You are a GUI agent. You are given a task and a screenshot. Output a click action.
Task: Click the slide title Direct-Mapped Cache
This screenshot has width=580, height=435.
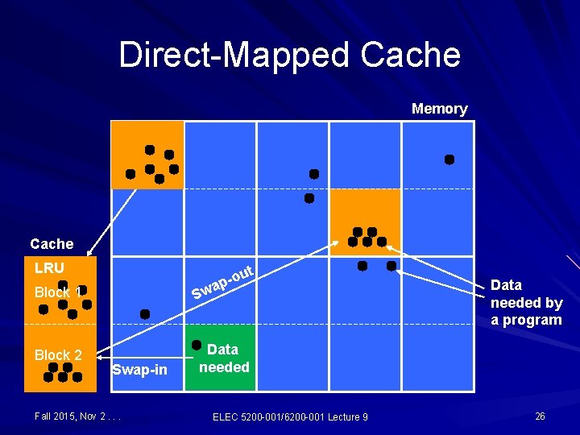[290, 56]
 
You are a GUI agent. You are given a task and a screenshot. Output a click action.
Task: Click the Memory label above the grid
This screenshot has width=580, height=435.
[439, 109]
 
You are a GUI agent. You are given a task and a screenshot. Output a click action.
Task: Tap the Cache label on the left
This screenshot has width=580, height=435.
[52, 243]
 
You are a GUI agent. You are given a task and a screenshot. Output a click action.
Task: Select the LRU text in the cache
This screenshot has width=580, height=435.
[49, 267]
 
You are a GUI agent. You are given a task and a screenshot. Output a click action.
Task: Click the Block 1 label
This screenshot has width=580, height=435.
[58, 292]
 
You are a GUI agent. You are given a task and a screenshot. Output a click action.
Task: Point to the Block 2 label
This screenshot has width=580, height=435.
[58, 355]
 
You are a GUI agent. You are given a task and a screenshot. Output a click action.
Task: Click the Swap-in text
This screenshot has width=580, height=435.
[139, 370]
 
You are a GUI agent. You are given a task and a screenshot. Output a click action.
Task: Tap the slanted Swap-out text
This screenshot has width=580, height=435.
[223, 282]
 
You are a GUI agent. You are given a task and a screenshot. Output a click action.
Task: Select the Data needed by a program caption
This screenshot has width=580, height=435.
[526, 302]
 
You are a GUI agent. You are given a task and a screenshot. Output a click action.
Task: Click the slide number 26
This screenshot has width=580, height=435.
[540, 416]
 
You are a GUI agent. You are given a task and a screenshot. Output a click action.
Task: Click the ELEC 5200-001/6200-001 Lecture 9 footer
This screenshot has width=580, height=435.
[290, 416]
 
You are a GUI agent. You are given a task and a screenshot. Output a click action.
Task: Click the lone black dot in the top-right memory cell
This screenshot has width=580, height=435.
[449, 159]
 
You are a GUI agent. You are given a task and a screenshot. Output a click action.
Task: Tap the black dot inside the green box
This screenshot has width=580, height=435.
[196, 345]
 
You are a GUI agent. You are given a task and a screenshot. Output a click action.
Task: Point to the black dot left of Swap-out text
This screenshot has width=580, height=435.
[145, 313]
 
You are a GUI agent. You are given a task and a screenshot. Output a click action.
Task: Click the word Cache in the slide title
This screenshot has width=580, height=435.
[411, 56]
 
